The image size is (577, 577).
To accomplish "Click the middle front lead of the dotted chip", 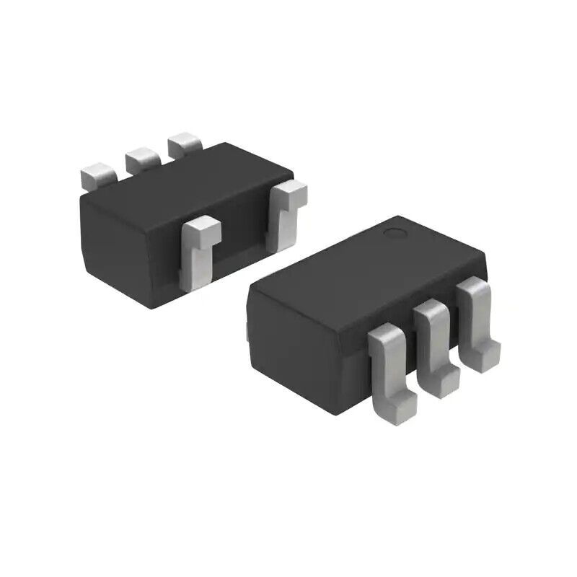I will point(434,339).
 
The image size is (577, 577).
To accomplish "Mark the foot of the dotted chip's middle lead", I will point(444,382).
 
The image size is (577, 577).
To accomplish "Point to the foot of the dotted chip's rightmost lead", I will point(486,353).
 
